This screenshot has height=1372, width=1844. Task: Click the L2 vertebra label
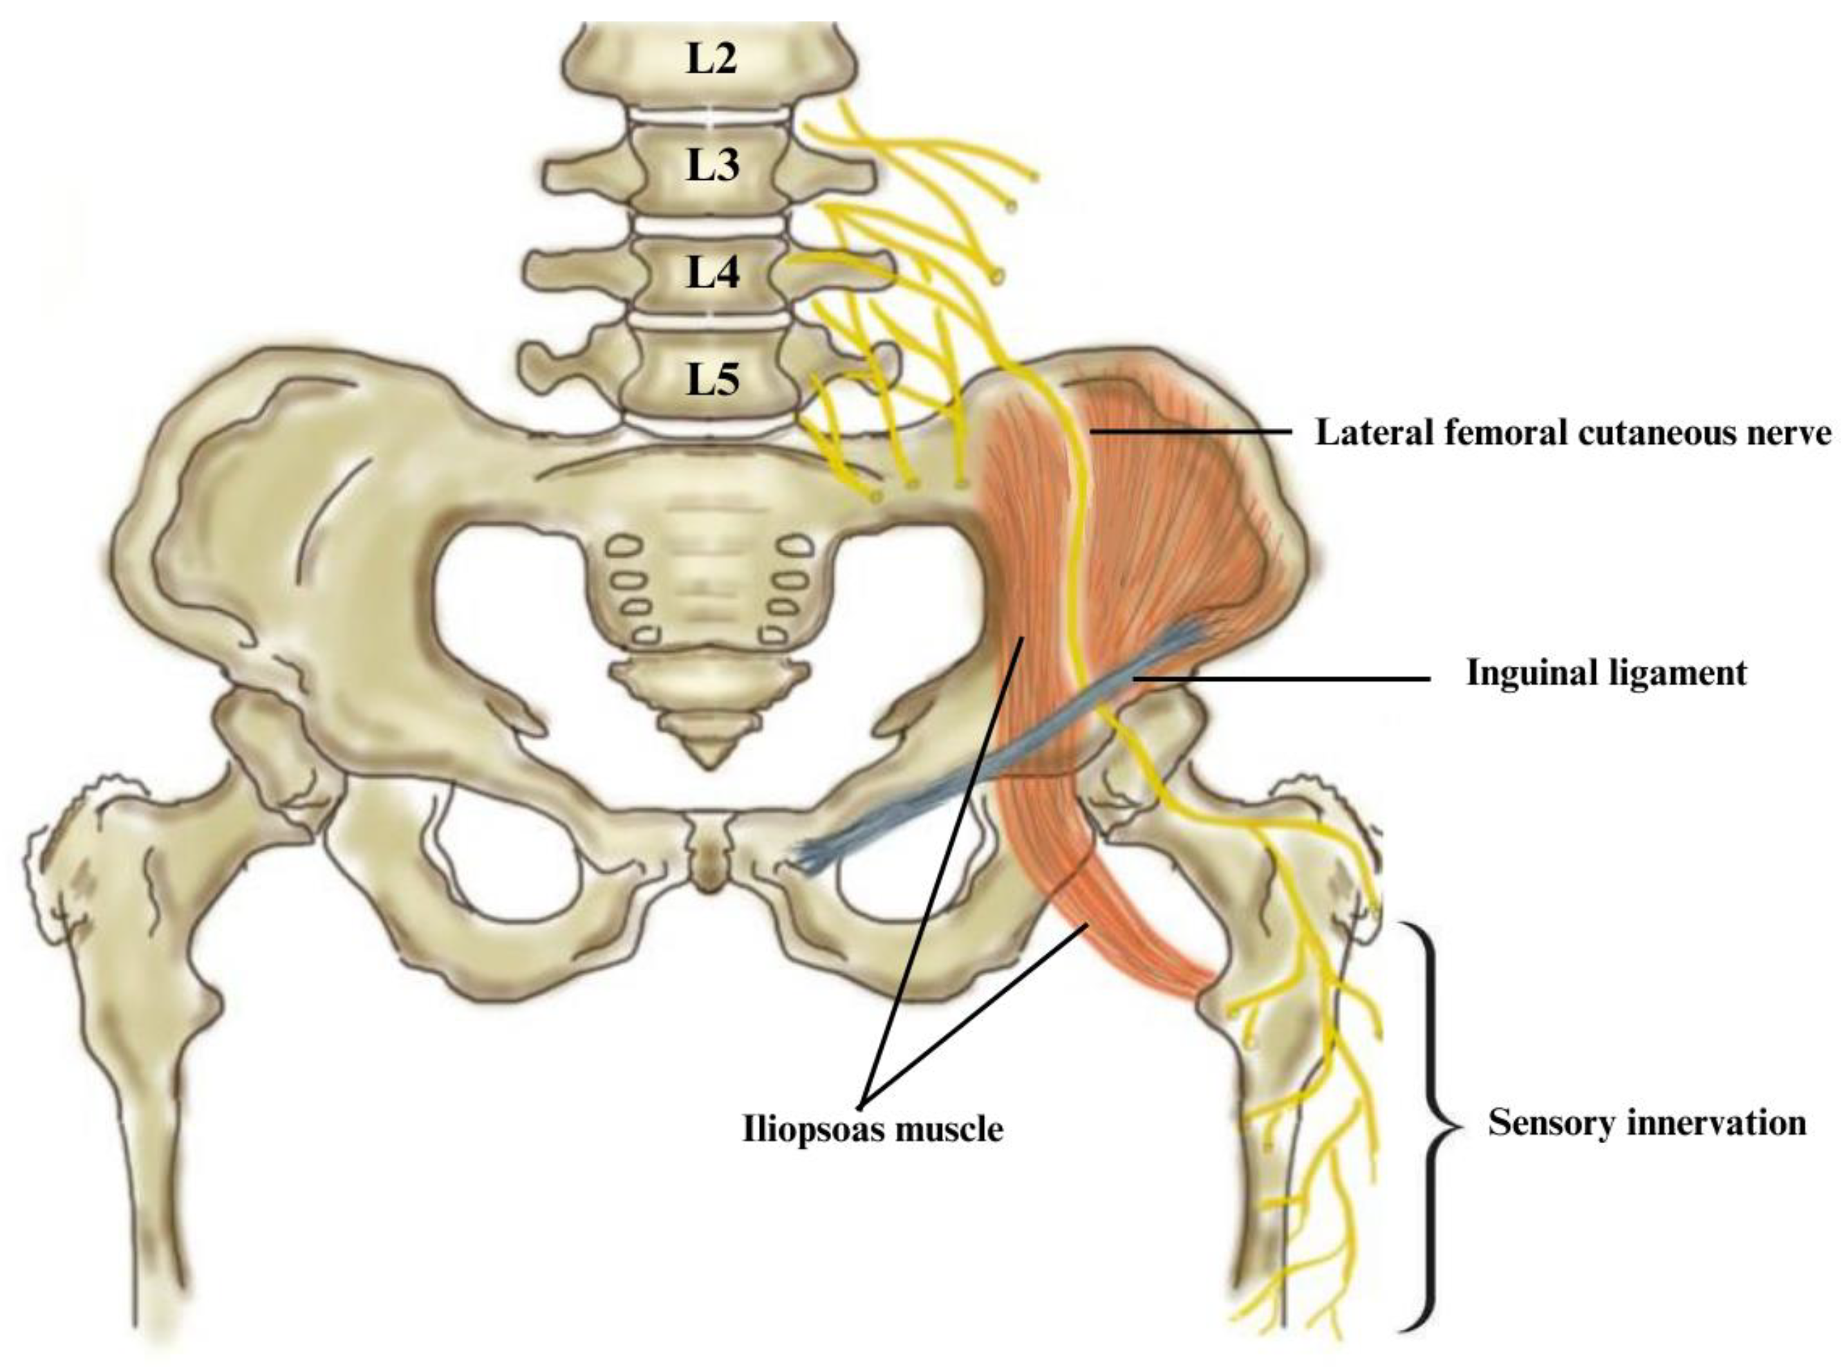click(711, 59)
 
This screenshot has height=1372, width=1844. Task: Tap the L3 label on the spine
click(711, 165)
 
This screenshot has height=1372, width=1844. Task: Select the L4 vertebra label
click(712, 272)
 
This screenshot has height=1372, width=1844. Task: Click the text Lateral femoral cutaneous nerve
click(1572, 434)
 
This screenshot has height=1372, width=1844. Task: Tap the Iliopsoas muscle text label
click(872, 1129)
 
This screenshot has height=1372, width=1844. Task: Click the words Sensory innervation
click(1646, 1123)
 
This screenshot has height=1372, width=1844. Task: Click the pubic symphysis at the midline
click(707, 864)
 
